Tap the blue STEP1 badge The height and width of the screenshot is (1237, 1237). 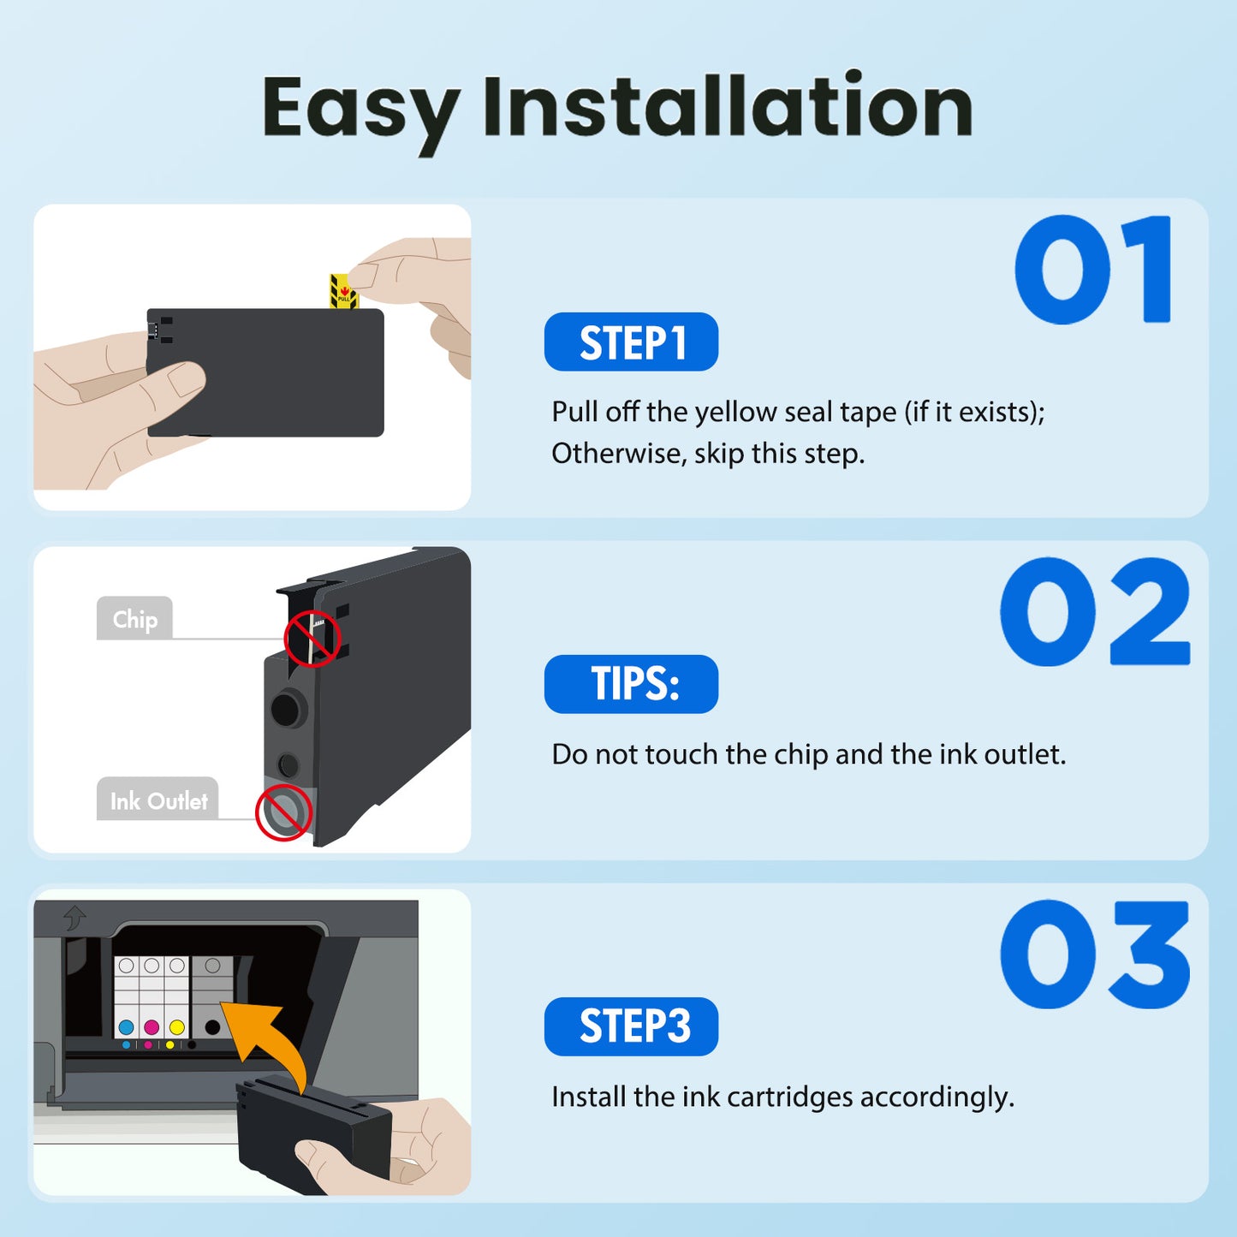(x=631, y=342)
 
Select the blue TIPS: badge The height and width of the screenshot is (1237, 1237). (x=631, y=684)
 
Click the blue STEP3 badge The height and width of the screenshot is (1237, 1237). (x=631, y=1026)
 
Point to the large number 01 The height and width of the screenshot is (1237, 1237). (x=1093, y=270)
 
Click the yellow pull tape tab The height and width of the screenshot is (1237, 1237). (x=343, y=292)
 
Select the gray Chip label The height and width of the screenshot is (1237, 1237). (x=134, y=618)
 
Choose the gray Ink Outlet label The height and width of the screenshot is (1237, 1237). (x=158, y=800)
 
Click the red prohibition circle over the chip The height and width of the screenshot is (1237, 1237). (x=312, y=639)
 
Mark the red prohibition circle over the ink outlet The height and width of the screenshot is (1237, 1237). (x=283, y=812)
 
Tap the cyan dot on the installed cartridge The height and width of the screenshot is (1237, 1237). (x=127, y=1026)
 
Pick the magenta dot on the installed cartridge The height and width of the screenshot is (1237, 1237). (x=152, y=1026)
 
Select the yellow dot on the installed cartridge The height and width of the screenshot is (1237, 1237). (x=177, y=1026)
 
